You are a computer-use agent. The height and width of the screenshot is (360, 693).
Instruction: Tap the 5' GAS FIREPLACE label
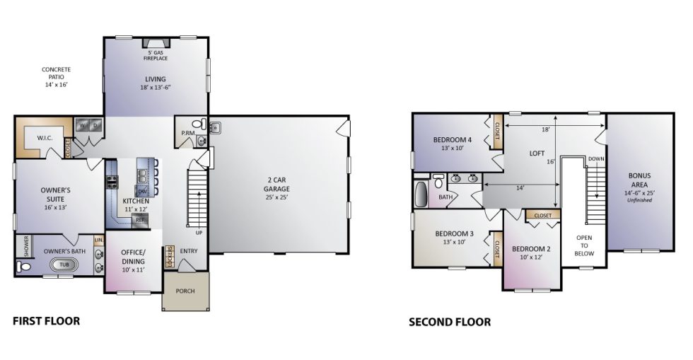point(156,56)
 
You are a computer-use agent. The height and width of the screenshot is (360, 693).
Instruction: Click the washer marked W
point(83,126)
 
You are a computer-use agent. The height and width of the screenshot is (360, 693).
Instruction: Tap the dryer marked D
point(95,126)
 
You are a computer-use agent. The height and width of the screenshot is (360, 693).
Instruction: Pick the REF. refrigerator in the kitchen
point(141,220)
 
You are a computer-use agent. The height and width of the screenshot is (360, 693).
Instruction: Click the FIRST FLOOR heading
point(47,321)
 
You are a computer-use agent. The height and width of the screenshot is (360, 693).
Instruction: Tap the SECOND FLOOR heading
point(450,323)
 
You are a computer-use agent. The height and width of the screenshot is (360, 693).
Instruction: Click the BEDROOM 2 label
point(530,252)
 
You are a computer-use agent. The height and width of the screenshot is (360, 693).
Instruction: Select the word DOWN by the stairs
point(595,159)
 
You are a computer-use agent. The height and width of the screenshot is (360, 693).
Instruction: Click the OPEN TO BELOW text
point(584,245)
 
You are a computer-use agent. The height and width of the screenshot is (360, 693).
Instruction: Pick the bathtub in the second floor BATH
point(423,192)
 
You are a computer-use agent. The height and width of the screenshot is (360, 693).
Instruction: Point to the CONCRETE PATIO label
point(56,77)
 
